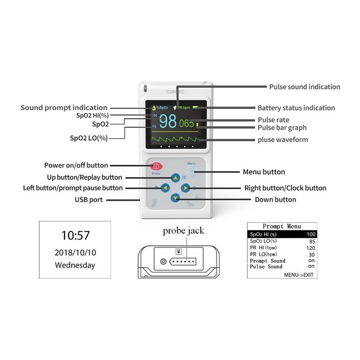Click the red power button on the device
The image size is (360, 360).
pyautogui.click(x=156, y=166)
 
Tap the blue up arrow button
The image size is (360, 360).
pyautogui.click(x=175, y=177)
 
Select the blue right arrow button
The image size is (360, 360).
pyautogui.click(x=185, y=188)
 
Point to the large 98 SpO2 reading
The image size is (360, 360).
pyautogui.click(x=168, y=122)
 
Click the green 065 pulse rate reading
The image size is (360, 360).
pyautogui.click(x=186, y=123)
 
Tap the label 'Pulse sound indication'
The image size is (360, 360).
pyautogui.click(x=305, y=87)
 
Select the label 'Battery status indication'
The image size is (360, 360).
pyautogui.click(x=296, y=108)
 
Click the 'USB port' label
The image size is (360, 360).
pyautogui.click(x=89, y=199)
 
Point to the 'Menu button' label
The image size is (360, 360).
pyautogui.click(x=264, y=172)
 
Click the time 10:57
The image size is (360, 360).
pyautogui.click(x=75, y=235)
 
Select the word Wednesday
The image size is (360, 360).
pyautogui.click(x=75, y=265)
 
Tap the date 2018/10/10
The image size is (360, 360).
pyautogui.click(x=75, y=252)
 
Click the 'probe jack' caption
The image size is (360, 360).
pyautogui.click(x=183, y=231)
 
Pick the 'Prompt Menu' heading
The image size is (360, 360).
pyautogui.click(x=282, y=226)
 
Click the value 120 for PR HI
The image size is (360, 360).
pyautogui.click(x=310, y=247)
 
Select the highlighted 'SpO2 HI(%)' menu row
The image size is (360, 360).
pyautogui.click(x=282, y=234)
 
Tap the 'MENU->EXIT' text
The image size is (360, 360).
pyautogui.click(x=298, y=274)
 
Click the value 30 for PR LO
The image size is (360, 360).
pyautogui.click(x=311, y=254)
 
